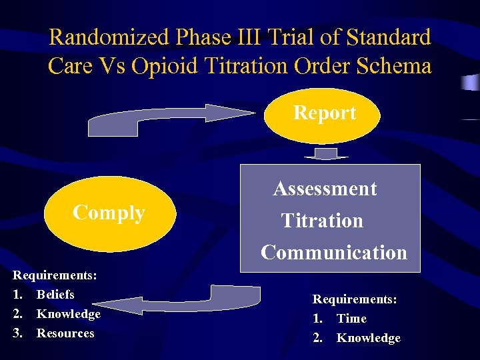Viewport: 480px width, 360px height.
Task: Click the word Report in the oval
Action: point(325,113)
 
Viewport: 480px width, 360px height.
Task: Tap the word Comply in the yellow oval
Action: point(109,213)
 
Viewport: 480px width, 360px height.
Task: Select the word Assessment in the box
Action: point(325,189)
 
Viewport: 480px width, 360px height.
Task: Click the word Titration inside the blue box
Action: point(322,221)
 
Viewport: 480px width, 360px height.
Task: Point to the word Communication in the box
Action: point(333,253)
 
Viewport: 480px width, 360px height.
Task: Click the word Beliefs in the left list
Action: point(55,294)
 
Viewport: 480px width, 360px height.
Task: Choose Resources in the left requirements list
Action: point(65,333)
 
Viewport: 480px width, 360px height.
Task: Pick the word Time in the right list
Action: point(351,319)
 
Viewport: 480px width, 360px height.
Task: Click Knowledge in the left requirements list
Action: point(68,313)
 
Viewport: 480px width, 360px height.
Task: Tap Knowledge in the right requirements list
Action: point(368,338)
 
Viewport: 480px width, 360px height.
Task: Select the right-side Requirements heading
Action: point(355,299)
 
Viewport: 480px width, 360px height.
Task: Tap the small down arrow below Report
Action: point(326,155)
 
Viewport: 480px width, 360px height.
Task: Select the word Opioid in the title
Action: point(199,66)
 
